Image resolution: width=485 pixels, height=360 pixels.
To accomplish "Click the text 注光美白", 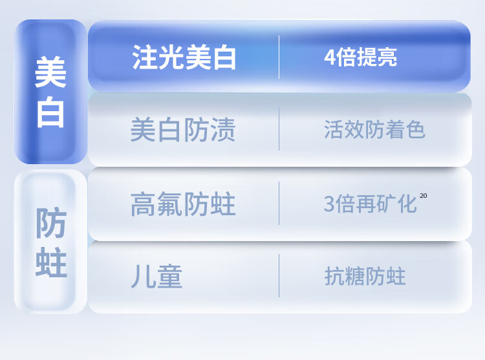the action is click(184, 57).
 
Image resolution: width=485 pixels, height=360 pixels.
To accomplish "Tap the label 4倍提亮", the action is click(360, 57).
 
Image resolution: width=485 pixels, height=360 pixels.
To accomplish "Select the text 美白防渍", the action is click(183, 130).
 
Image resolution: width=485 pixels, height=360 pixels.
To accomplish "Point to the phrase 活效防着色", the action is click(374, 129).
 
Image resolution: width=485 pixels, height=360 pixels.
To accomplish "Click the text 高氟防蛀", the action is click(183, 204).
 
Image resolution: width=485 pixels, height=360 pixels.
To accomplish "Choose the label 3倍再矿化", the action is click(371, 204).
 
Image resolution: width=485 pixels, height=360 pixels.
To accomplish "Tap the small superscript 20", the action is click(424, 196).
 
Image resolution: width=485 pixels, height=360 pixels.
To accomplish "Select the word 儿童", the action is click(157, 276).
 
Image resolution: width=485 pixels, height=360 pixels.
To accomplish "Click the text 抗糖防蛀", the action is click(365, 276).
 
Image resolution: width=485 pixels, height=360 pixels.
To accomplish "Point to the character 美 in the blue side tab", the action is click(50, 72).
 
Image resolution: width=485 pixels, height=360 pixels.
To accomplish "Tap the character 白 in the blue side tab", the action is click(50, 112).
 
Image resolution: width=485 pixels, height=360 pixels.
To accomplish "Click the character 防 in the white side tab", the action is click(51, 223).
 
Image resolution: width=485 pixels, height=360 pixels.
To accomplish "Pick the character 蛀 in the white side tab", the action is click(51, 262).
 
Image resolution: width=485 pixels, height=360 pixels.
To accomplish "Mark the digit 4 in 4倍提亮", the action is click(330, 57).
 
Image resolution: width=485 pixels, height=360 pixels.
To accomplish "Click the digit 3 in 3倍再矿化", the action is click(329, 204).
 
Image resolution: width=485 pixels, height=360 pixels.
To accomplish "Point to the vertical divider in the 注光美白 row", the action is click(279, 57).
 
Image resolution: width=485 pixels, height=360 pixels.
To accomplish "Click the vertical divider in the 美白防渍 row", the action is click(279, 129).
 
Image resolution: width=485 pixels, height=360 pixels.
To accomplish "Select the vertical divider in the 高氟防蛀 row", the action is click(279, 204).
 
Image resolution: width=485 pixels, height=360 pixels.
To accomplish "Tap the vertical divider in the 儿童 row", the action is click(279, 275).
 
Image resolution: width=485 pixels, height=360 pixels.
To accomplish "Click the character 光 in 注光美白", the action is click(171, 57).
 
